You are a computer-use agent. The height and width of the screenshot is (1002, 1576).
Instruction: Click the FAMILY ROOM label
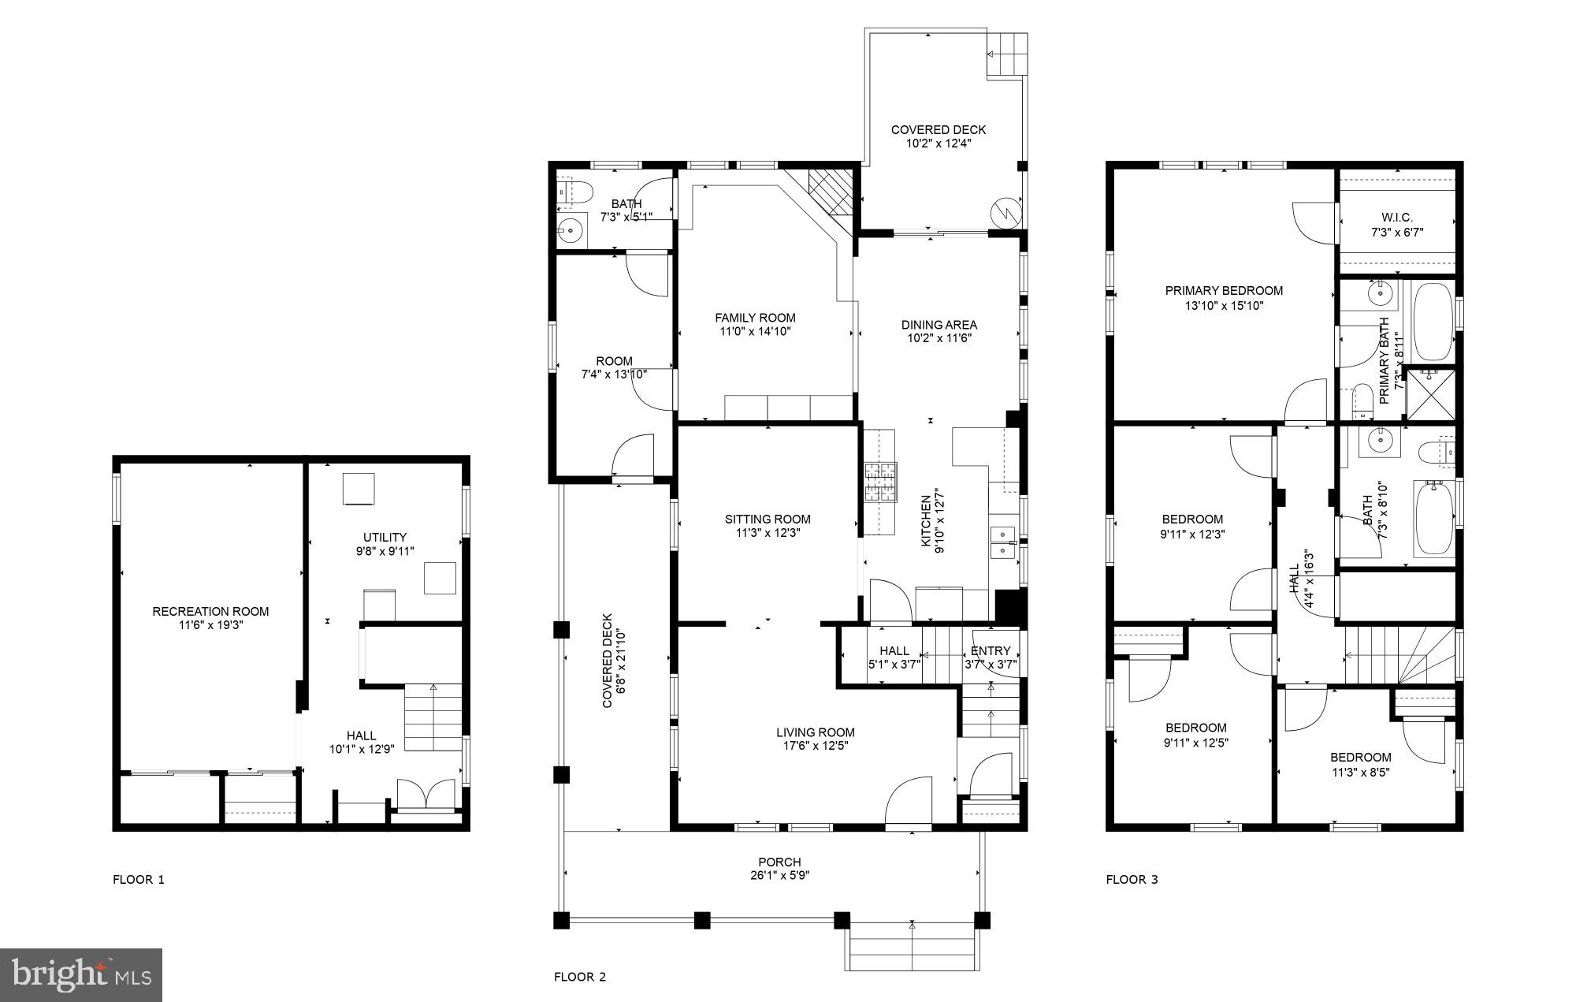[755, 318]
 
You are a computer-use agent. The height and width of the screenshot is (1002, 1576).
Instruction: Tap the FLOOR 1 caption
[139, 880]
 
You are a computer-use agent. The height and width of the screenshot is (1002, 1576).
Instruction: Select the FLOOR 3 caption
[1132, 880]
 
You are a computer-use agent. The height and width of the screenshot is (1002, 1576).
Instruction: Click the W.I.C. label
[1396, 218]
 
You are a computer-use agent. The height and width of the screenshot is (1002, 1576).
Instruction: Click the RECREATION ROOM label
[210, 611]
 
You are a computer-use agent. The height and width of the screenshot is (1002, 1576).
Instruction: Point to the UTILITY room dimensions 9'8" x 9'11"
[385, 552]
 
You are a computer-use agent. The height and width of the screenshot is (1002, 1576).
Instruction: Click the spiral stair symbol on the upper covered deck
[1006, 211]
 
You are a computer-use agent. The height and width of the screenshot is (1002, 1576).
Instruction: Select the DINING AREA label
[939, 324]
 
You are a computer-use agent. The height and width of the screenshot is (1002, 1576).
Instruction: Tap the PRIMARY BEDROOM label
[1224, 290]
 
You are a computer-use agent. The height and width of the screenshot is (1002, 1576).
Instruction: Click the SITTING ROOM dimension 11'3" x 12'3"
[768, 533]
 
